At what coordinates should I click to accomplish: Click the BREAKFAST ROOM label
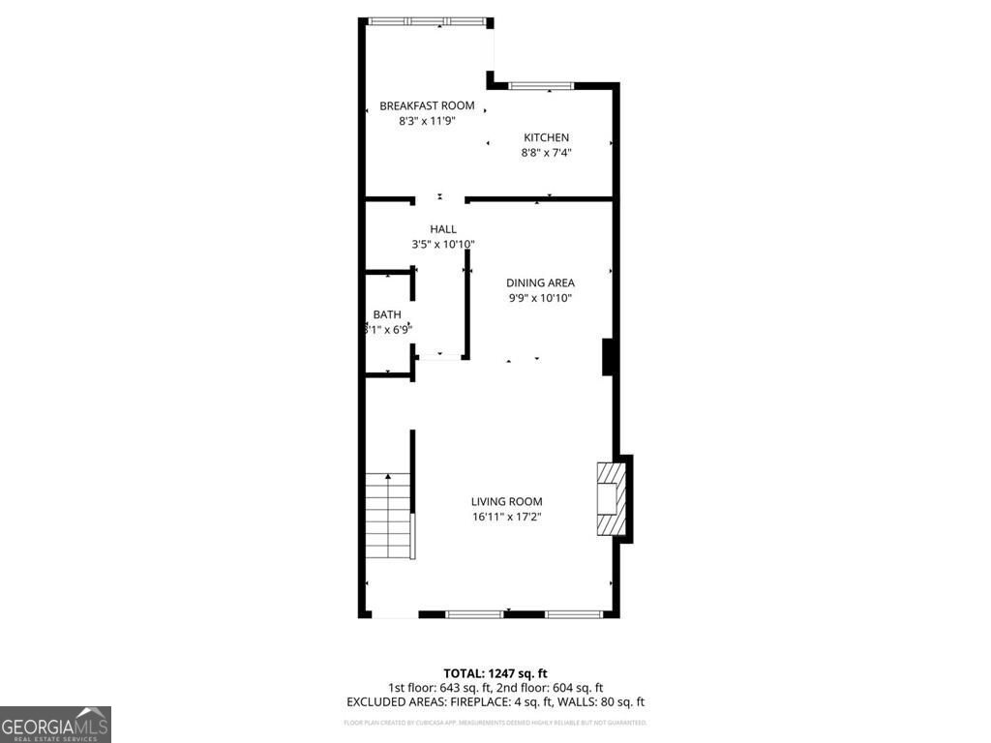pos(427,105)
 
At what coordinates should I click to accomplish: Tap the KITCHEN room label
pos(547,137)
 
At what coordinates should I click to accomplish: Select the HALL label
pos(443,229)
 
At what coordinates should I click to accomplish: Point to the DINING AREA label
pos(540,282)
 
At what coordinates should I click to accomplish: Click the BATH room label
pos(387,314)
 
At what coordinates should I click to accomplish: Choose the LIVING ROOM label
pos(506,501)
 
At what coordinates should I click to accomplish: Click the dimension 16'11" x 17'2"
pos(506,517)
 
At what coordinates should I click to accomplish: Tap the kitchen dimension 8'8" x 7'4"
pos(547,152)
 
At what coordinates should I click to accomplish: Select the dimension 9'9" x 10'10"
pos(540,298)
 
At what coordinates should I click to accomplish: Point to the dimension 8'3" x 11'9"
pos(427,121)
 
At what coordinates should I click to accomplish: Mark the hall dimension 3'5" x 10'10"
pos(443,245)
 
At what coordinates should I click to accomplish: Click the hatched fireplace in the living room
pos(610,498)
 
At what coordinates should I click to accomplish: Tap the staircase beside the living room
pos(388,515)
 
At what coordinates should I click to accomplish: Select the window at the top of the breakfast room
pos(426,21)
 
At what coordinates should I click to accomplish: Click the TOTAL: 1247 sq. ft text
pos(495,673)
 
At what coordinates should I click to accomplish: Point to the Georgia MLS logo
pos(55,725)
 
